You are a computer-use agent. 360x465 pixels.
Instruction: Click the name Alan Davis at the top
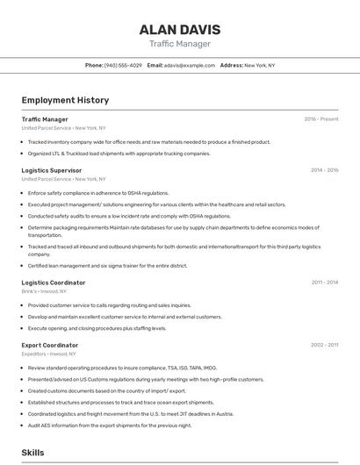tap(179, 29)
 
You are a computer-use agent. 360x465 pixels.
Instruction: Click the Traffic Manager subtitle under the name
tap(179, 43)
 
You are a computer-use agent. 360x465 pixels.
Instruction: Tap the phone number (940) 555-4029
tap(123, 65)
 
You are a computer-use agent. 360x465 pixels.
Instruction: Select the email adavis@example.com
tap(189, 65)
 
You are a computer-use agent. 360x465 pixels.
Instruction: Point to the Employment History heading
tap(65, 100)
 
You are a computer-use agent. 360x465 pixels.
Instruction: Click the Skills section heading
tap(32, 453)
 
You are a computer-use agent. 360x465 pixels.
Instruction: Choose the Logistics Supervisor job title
tap(52, 170)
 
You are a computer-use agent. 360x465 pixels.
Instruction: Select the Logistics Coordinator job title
tap(54, 283)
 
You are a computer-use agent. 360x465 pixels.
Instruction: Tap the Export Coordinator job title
tap(50, 345)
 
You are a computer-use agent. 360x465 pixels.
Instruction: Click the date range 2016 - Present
tap(321, 119)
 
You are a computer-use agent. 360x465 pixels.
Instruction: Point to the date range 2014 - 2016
tap(324, 170)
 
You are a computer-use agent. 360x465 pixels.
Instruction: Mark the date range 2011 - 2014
tap(324, 283)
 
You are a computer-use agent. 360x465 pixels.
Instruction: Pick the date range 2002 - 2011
tap(324, 345)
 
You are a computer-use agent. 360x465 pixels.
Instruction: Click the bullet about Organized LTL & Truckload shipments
tap(119, 153)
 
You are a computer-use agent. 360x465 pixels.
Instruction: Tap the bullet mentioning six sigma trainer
tap(107, 265)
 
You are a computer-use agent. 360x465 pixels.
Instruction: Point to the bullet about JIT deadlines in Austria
tap(132, 413)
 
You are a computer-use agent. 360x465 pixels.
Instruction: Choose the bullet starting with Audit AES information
tap(109, 425)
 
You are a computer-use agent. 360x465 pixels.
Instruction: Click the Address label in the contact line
tap(231, 65)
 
